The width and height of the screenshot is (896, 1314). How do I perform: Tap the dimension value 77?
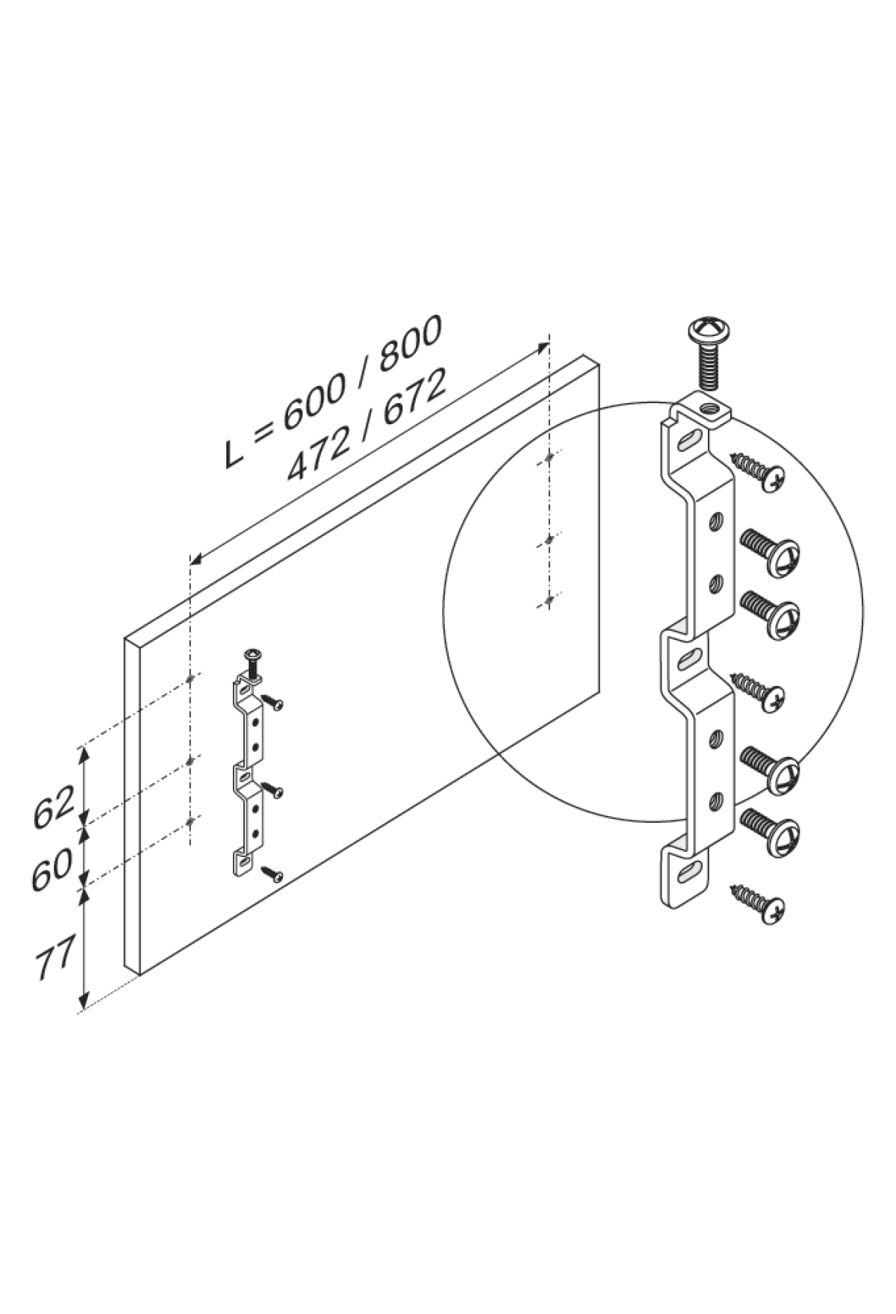click(x=54, y=963)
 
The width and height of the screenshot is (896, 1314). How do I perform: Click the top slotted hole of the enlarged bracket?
click(x=689, y=440)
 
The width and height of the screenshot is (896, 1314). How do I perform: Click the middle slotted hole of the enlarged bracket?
click(x=689, y=658)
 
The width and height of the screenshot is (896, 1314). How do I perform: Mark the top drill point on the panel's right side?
click(x=550, y=457)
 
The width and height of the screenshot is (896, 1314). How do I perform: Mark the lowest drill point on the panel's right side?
click(x=550, y=600)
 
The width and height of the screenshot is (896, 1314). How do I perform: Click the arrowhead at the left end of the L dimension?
click(x=196, y=558)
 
